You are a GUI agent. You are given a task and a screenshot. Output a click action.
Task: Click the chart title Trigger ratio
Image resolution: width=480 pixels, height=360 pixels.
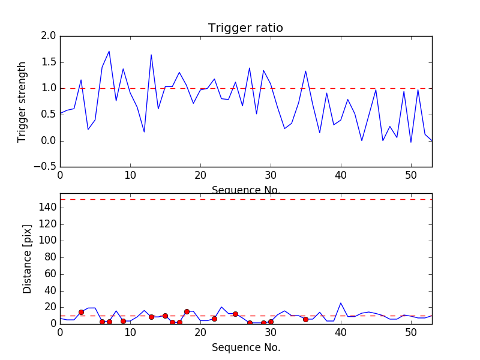pos(245,28)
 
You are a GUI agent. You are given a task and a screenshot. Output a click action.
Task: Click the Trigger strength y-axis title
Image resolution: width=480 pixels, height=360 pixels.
pos(22,101)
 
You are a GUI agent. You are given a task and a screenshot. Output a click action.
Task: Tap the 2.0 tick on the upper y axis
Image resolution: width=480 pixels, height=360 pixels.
pos(49,36)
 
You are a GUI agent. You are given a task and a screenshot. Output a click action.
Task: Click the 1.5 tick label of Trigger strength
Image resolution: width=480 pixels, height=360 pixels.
pos(49,62)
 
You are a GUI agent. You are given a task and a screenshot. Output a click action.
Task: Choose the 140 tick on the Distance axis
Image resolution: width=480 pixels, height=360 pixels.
pos(47,208)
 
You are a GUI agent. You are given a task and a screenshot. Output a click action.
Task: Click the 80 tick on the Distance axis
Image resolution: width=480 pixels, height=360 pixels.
pos(50,257)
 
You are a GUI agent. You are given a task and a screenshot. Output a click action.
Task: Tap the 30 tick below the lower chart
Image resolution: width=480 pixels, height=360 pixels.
pos(271,332)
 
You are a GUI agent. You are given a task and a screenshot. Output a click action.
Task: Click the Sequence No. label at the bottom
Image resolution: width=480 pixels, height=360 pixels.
pos(246,347)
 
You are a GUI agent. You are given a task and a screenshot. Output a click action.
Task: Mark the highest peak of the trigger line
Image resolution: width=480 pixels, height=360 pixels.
pos(109,51)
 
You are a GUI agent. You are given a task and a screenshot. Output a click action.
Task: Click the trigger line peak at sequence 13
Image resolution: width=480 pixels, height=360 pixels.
pos(151,55)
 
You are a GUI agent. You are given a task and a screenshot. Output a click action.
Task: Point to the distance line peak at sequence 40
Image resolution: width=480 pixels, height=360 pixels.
pos(341,303)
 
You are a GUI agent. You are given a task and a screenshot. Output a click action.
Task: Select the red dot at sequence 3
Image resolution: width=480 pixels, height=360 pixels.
pos(81,312)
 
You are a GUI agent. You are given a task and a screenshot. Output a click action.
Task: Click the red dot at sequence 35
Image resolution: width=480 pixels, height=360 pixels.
pos(305,319)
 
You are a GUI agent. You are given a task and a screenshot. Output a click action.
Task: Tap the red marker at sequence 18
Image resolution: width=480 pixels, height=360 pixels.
pos(187,311)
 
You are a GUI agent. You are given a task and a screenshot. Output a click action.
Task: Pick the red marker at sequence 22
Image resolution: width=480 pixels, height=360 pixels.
pos(214,319)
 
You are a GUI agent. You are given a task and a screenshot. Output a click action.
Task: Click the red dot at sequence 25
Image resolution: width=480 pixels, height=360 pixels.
pos(235,314)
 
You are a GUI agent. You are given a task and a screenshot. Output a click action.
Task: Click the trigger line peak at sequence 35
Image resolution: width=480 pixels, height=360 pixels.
pos(305,71)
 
